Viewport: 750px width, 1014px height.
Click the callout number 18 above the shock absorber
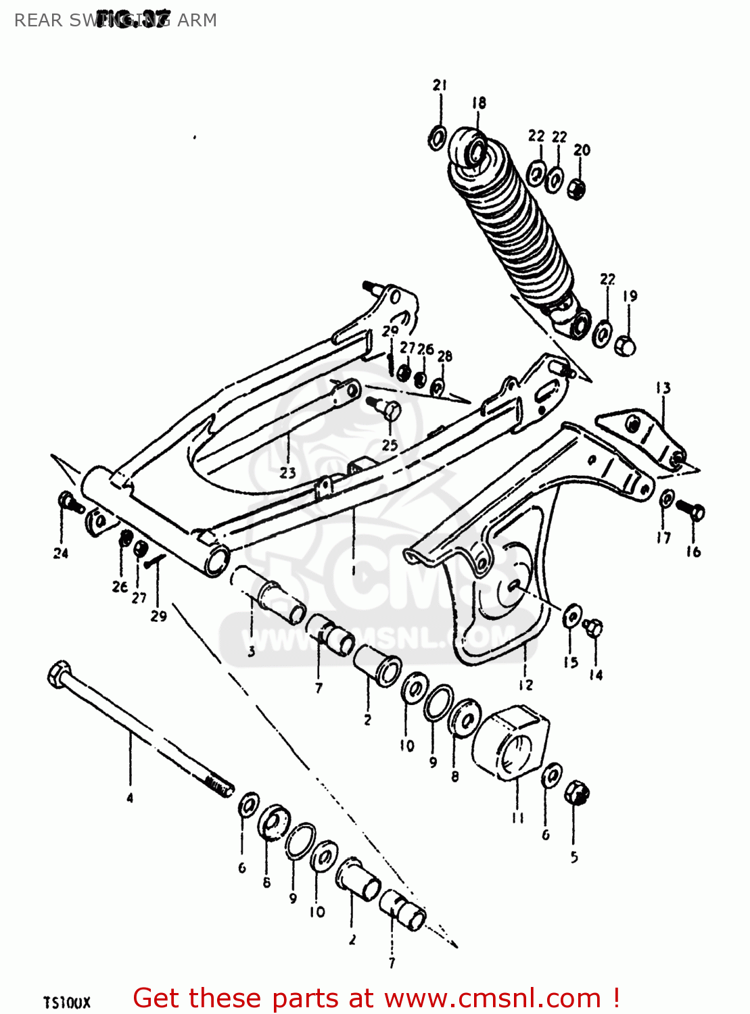click(479, 103)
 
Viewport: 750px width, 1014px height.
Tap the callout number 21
click(440, 85)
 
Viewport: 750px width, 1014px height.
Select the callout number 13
click(663, 388)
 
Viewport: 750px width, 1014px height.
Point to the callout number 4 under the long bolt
click(130, 798)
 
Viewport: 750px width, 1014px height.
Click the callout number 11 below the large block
click(517, 818)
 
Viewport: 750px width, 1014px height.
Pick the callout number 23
click(288, 473)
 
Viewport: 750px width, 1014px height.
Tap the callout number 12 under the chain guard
click(525, 685)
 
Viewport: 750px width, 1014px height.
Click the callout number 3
click(252, 652)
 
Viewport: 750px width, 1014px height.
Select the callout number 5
click(574, 857)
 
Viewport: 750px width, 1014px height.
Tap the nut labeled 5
click(577, 792)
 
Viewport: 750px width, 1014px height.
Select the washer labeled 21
click(438, 138)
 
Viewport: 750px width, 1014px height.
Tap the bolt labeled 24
click(68, 502)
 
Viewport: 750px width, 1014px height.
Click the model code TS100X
click(66, 1002)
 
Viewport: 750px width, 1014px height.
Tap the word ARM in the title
click(197, 20)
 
